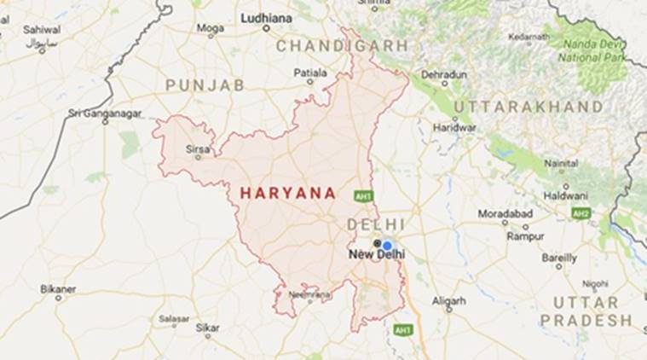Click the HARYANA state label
[x=288, y=194]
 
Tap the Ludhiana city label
[x=266, y=17]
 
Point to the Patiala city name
[x=310, y=73]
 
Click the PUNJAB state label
[x=205, y=85]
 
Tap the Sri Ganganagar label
[x=105, y=113]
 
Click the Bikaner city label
[x=58, y=289]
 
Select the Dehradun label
[x=443, y=75]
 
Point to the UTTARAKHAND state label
[x=529, y=107]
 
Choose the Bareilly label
[x=559, y=257]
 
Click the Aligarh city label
[x=448, y=300]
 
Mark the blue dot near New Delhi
[x=387, y=245]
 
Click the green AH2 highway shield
[x=581, y=213]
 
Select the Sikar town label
[x=207, y=327]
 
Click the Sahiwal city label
[x=42, y=30]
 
